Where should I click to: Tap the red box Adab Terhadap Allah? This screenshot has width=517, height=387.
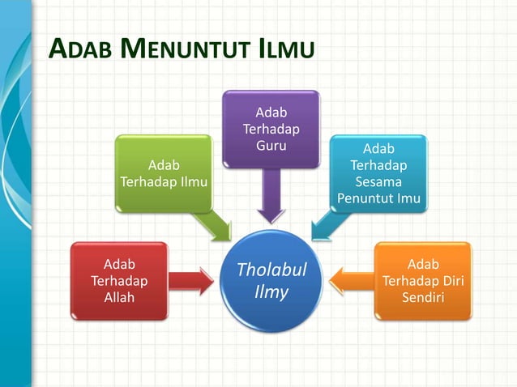(119, 280)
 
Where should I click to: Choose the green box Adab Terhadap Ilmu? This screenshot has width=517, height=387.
(164, 173)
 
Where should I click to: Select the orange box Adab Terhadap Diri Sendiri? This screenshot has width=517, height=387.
(422, 280)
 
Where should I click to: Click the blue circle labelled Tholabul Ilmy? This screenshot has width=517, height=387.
(271, 280)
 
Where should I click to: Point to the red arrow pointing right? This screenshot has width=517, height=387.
(195, 280)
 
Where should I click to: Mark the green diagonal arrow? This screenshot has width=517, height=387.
(215, 226)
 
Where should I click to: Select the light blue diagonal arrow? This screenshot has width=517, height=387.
(326, 224)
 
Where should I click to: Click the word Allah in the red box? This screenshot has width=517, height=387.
(119, 297)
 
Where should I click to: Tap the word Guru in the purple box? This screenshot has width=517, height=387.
(271, 145)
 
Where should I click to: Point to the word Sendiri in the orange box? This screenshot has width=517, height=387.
(422, 297)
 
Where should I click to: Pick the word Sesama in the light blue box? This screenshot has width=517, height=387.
(378, 181)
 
